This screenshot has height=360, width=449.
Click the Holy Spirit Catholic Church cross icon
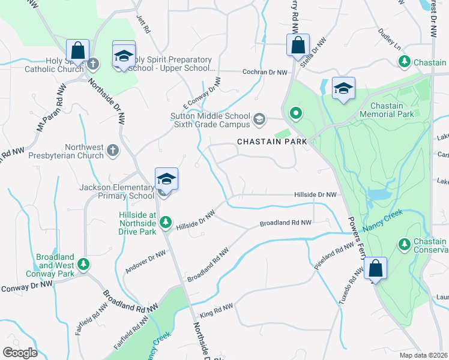pos(92,64)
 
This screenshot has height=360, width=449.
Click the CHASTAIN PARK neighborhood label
pos(272,142)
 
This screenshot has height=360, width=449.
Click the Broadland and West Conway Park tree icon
pos(85,263)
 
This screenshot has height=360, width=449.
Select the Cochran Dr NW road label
pos(265,72)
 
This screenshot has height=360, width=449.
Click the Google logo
pos(20,352)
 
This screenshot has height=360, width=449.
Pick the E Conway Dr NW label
pos(199,93)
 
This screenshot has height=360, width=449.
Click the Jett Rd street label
pos(142,25)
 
